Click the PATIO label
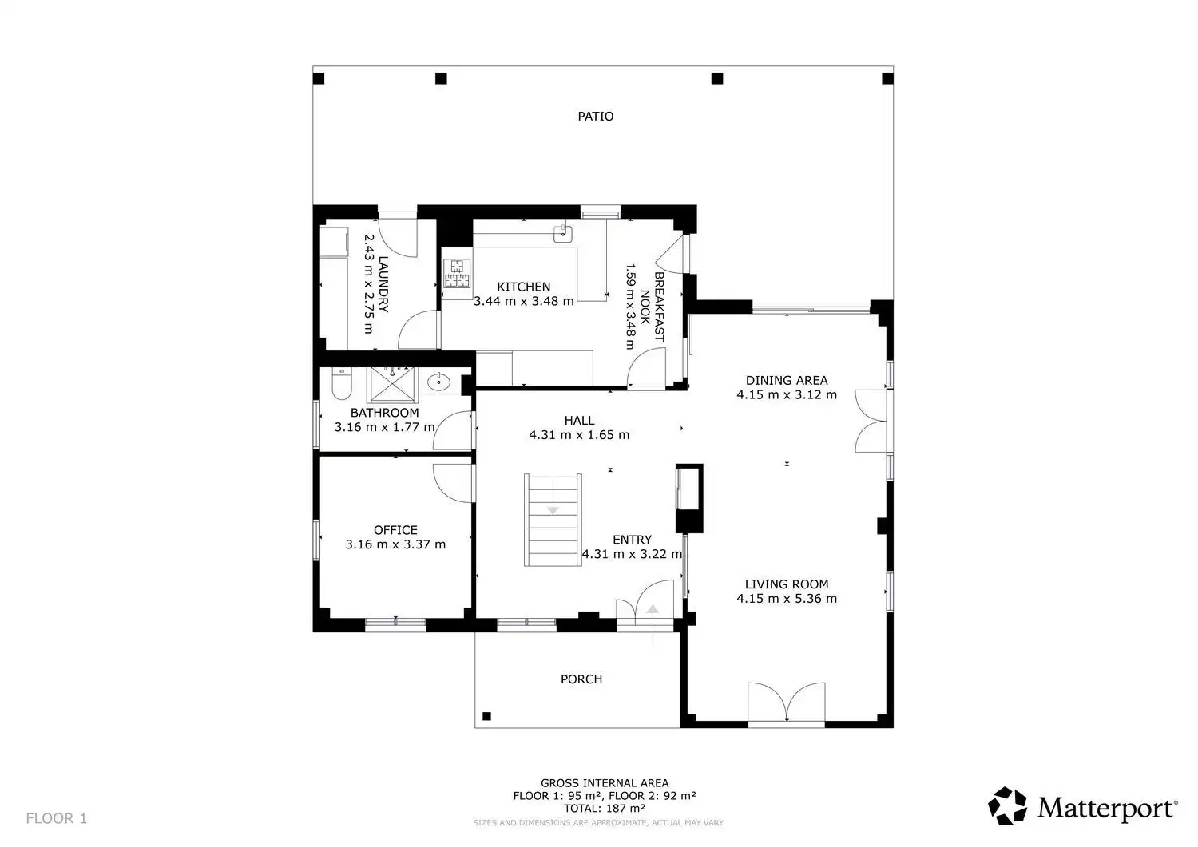point(595,116)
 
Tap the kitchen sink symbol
point(562,233)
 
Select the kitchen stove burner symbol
point(458,273)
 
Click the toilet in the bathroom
point(341,383)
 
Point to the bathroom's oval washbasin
point(438,382)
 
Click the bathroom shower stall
point(392,385)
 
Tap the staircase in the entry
point(553,520)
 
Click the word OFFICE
point(395,530)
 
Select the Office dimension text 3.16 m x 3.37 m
point(395,544)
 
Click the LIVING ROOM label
point(786,584)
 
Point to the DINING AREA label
point(786,380)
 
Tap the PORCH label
point(581,679)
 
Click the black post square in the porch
point(486,716)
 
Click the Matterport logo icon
point(1007,805)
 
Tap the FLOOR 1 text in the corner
point(56,818)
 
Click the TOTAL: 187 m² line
point(605,809)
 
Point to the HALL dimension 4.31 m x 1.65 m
point(579,435)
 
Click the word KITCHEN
point(524,287)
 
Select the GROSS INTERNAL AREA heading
point(605,783)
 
